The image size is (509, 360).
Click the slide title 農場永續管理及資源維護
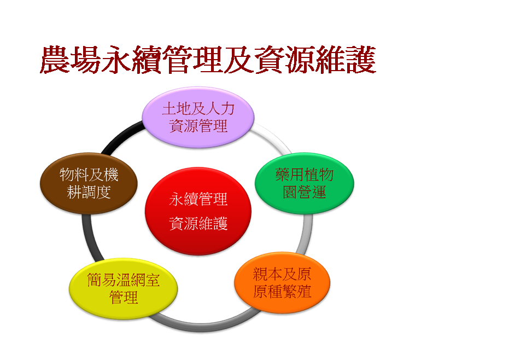click(x=208, y=60)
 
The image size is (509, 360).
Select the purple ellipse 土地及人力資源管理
click(x=198, y=117)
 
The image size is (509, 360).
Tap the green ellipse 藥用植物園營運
click(x=304, y=183)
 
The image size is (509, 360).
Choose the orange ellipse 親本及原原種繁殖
click(x=282, y=283)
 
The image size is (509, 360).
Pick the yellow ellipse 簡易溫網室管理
click(x=124, y=289)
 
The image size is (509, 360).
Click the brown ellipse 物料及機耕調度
click(x=89, y=183)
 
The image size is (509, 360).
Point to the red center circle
click(x=198, y=211)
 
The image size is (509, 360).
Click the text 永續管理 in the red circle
click(x=198, y=199)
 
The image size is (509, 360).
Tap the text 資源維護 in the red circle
click(x=198, y=224)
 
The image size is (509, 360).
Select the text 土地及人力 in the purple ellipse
click(x=198, y=108)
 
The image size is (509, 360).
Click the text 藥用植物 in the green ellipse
click(x=304, y=175)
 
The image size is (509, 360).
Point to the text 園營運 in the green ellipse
click(x=304, y=192)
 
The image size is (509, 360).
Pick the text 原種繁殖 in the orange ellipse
click(x=282, y=292)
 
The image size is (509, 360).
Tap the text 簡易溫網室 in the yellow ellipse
click(x=124, y=280)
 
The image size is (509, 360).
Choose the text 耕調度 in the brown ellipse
click(x=89, y=192)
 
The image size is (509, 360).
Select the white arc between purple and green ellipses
click(x=274, y=136)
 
